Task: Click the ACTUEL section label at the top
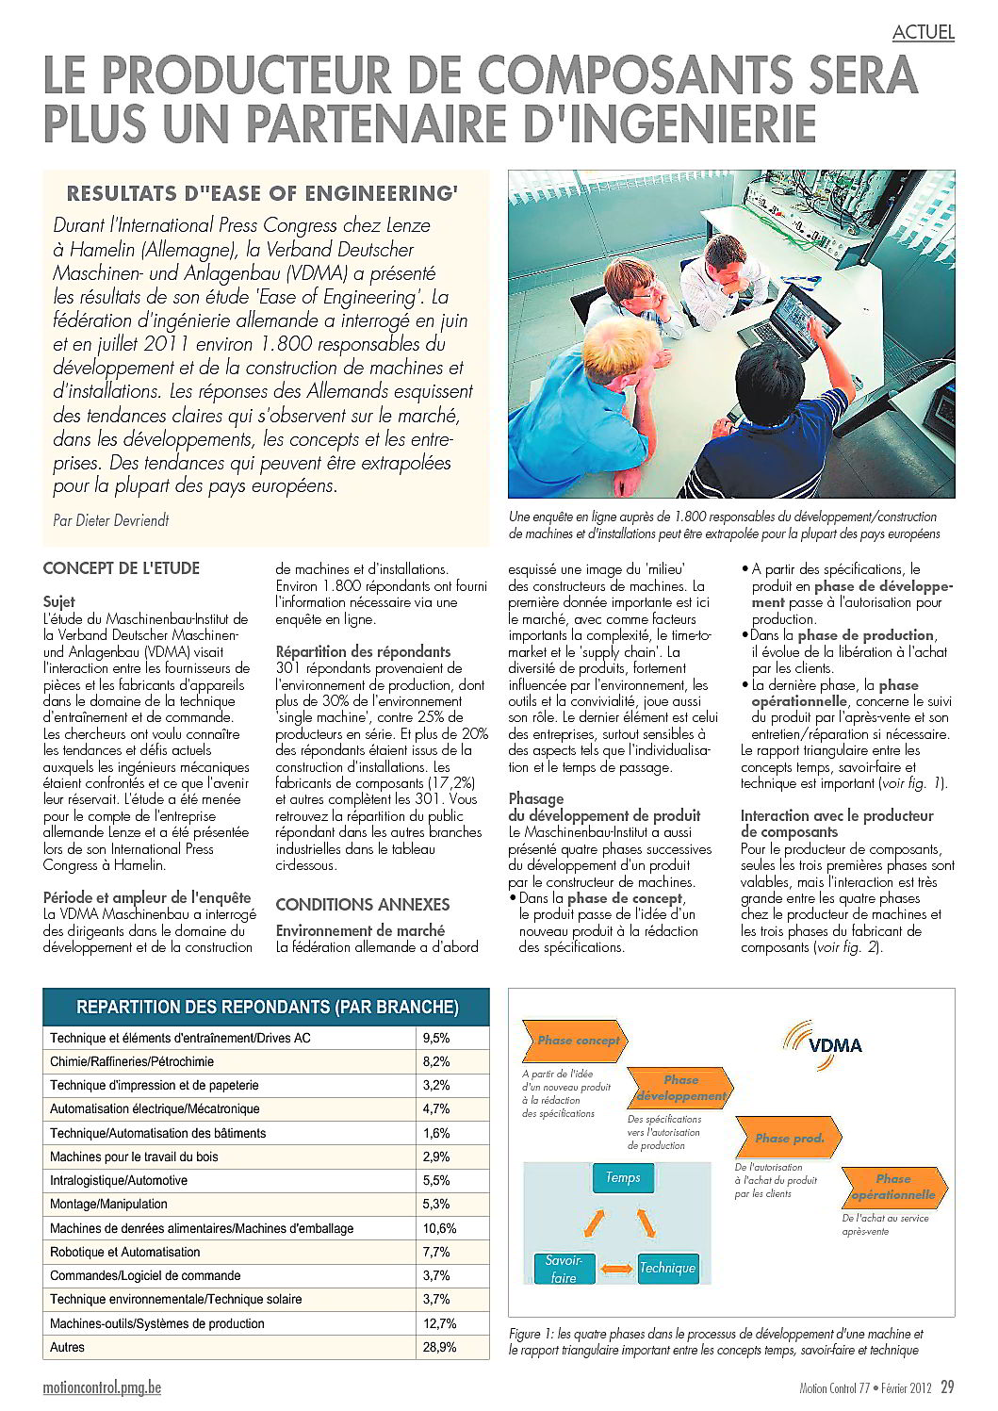(x=923, y=32)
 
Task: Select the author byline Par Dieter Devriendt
(x=111, y=519)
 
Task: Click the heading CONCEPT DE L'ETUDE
(x=122, y=568)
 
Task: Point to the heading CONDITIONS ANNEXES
(x=362, y=904)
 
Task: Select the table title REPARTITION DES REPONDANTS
(x=267, y=1007)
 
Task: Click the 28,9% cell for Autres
(x=439, y=1347)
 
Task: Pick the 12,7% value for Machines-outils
(x=439, y=1323)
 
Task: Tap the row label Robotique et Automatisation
(x=125, y=1252)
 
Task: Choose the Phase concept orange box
(x=577, y=1041)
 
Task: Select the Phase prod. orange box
(x=789, y=1138)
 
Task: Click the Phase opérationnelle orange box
(x=892, y=1187)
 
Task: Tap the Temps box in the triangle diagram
(x=623, y=1177)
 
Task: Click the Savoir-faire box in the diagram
(x=564, y=1268)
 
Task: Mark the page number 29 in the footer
(x=947, y=1386)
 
